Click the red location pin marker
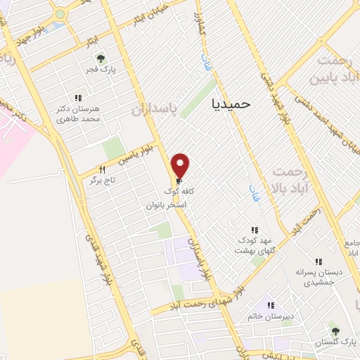click(x=181, y=165)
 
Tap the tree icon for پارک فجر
click(x=101, y=58)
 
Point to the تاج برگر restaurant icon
click(x=101, y=169)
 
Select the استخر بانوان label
click(x=166, y=205)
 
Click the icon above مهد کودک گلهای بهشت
click(x=255, y=230)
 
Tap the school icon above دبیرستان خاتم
click(x=270, y=306)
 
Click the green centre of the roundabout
click(x=59, y=13)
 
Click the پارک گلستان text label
click(x=335, y=342)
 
